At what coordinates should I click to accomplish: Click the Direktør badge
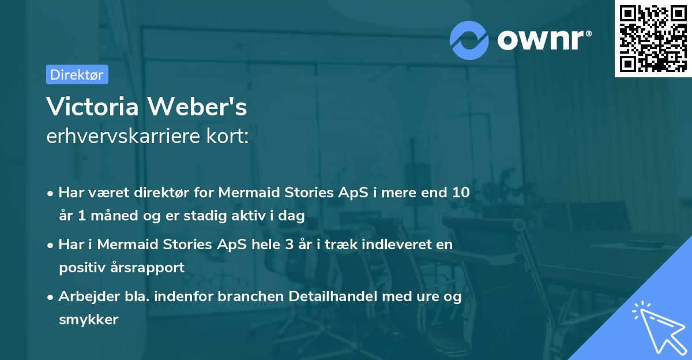[x=77, y=74]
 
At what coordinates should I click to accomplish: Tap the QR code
[x=653, y=38]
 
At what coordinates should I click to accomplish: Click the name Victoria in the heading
[x=93, y=107]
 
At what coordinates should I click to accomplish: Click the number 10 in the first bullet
[x=461, y=193]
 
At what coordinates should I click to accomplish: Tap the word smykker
[x=88, y=320]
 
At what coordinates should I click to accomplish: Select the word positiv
[x=80, y=267]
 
